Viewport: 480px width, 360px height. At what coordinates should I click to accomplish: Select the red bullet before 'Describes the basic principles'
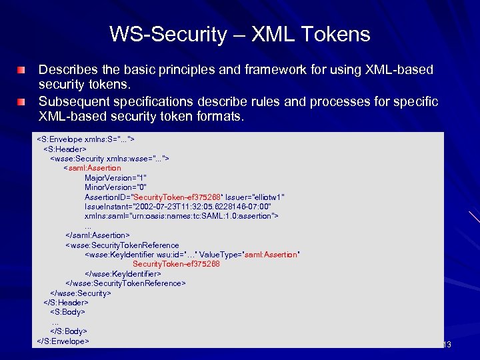pyautogui.click(x=23, y=70)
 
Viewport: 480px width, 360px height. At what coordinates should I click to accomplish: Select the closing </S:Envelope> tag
pyautogui.click(x=63, y=341)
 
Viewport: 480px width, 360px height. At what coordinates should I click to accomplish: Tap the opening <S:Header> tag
pyautogui.click(x=65, y=149)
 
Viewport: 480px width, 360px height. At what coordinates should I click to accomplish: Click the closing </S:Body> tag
pyautogui.click(x=69, y=331)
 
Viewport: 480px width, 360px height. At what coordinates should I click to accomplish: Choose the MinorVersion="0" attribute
pyautogui.click(x=115, y=187)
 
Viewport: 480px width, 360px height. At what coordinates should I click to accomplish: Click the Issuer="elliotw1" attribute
pyautogui.click(x=255, y=197)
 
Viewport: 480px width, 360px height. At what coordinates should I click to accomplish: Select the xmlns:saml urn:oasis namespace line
pyautogui.click(x=181, y=216)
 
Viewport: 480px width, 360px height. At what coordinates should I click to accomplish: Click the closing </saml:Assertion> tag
pyautogui.click(x=97, y=235)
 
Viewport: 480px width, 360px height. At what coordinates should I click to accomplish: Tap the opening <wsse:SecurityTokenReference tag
pyautogui.click(x=122, y=245)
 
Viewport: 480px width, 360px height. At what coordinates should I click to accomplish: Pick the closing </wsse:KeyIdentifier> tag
pyautogui.click(x=123, y=273)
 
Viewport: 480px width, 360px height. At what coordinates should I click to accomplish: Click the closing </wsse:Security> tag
pyautogui.click(x=81, y=293)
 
